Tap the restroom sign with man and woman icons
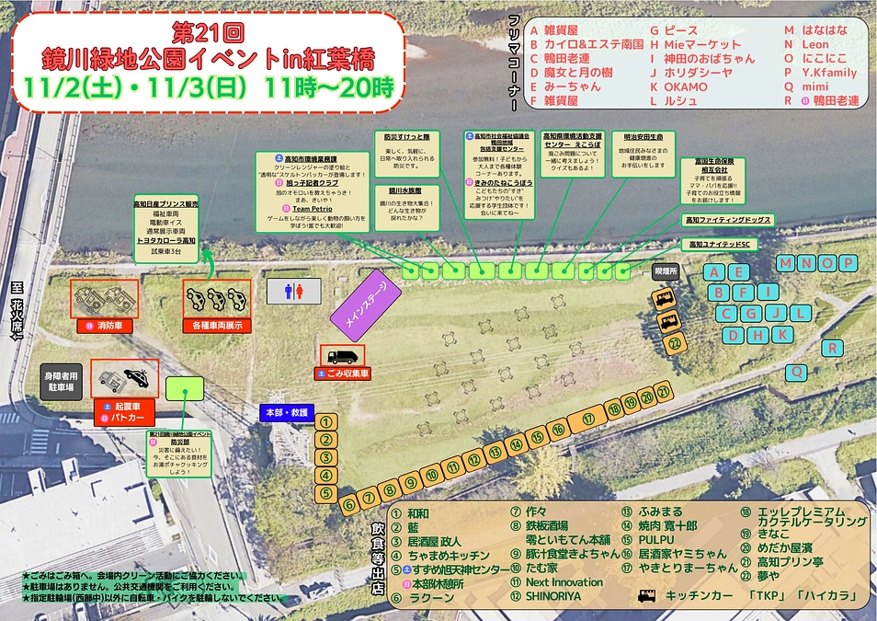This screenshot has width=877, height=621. tap(295, 291)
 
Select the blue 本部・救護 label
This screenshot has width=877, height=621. tap(287, 412)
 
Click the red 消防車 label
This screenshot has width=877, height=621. tap(105, 325)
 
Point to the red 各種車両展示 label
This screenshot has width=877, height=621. tap(216, 325)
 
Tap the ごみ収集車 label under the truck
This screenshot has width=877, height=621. tap(344, 374)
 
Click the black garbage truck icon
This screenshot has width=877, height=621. tap(344, 356)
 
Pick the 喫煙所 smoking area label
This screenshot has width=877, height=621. tap(665, 272)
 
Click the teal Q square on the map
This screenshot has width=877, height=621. tap(797, 371)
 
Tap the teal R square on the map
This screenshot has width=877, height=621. tap(831, 348)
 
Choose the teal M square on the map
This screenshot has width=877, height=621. tap(785, 264)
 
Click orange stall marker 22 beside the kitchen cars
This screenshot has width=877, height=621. tap(676, 344)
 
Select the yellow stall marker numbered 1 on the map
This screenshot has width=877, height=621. tap(325, 422)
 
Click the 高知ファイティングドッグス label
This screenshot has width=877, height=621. tap(726, 220)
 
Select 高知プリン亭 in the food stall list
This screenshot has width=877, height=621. tap(789, 562)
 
